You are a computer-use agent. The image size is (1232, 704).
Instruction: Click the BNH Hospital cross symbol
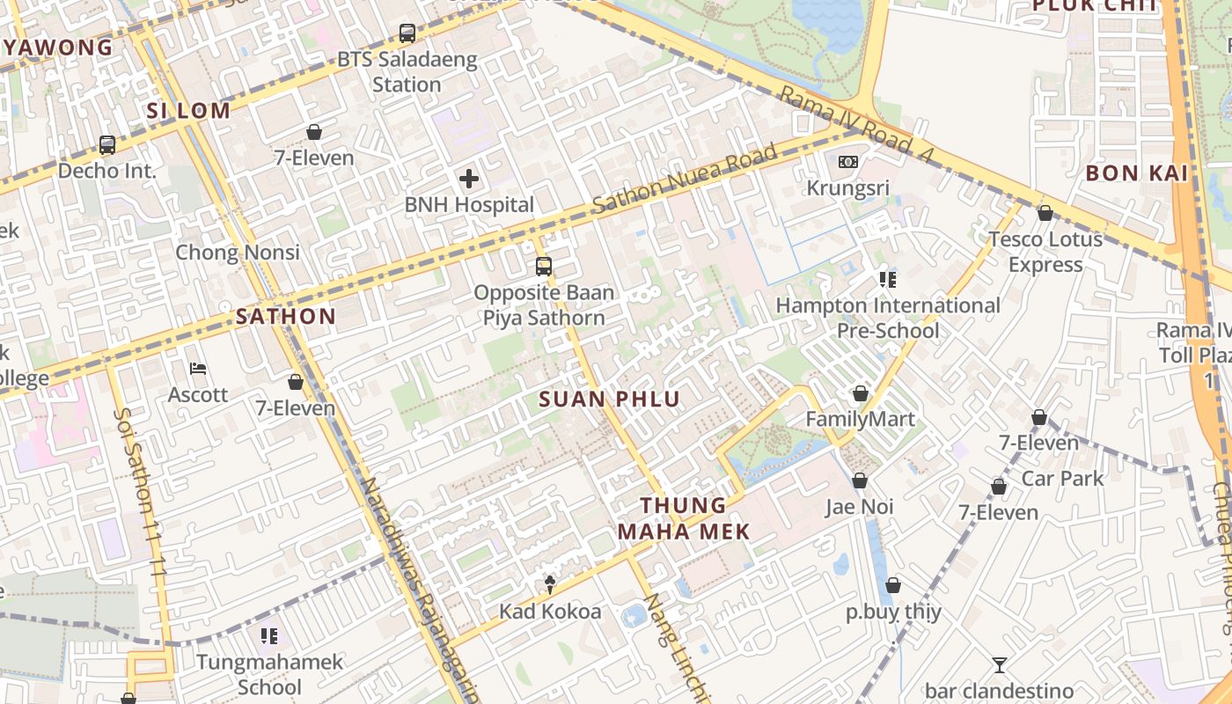[x=469, y=180]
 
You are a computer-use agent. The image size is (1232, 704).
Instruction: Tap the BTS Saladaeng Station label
[x=407, y=72]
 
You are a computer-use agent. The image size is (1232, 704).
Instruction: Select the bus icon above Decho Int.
[x=107, y=145]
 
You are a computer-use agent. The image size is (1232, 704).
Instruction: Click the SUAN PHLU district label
[x=610, y=400]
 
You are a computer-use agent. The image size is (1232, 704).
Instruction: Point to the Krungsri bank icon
[x=848, y=162]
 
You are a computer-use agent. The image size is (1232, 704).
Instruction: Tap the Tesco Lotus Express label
[x=1045, y=252]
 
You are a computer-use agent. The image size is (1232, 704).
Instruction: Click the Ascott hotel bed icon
[x=199, y=369]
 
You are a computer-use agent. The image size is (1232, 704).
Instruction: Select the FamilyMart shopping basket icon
[x=861, y=393]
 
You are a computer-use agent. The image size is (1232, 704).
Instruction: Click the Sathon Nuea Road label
[x=686, y=180]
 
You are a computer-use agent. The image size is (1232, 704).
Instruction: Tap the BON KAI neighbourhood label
[x=1137, y=173]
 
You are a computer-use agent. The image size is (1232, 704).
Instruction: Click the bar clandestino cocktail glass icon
[x=999, y=665]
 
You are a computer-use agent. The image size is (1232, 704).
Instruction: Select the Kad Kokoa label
[x=551, y=612]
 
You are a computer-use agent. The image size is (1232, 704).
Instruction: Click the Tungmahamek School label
[x=269, y=674]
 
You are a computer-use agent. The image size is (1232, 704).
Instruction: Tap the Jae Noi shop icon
[x=860, y=480]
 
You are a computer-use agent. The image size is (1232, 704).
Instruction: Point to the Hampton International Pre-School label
[x=888, y=318]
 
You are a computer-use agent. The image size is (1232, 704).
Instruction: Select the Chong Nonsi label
[x=238, y=253]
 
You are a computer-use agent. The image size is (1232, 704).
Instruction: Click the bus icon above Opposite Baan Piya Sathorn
[x=544, y=266]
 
